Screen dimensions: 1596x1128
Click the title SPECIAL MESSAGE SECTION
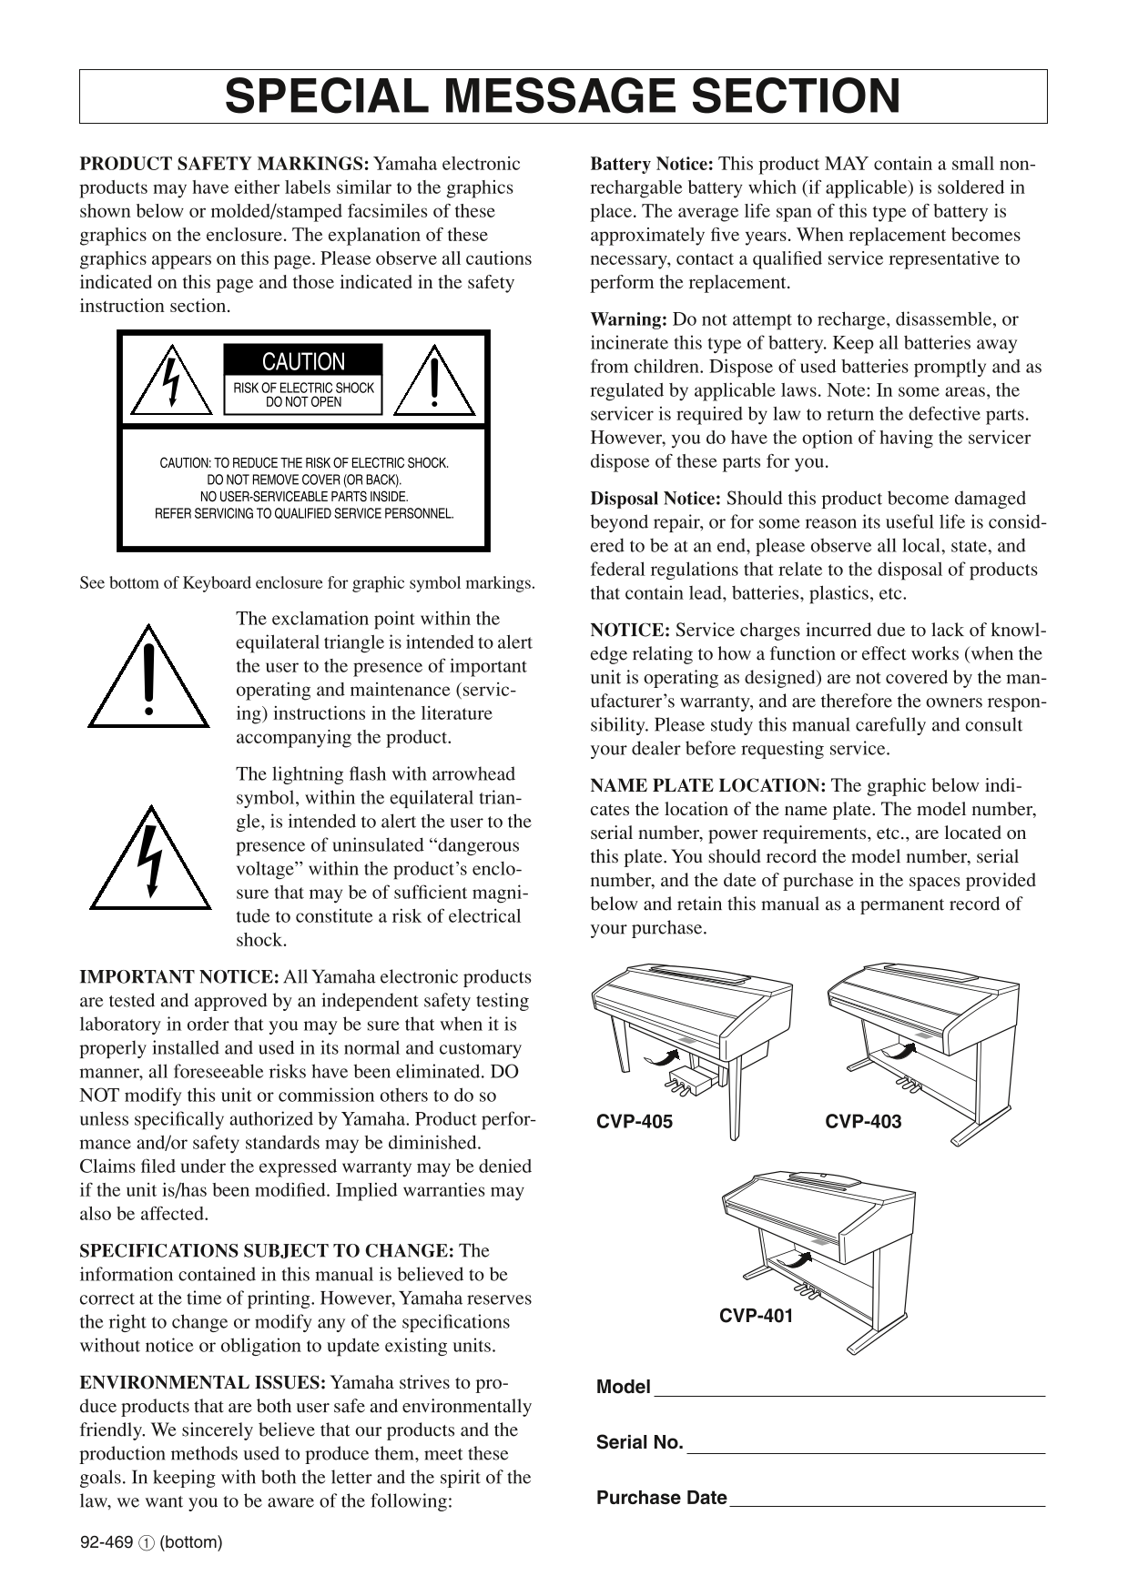(x=563, y=96)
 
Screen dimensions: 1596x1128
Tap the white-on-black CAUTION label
(x=303, y=361)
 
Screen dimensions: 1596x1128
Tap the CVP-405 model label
(x=635, y=1122)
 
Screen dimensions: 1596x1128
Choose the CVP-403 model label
(x=863, y=1122)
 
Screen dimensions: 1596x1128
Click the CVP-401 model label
(x=756, y=1316)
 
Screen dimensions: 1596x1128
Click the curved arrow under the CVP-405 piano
(x=661, y=1056)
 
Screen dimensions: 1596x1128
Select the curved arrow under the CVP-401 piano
(x=795, y=1260)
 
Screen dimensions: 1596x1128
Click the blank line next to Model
(x=849, y=1393)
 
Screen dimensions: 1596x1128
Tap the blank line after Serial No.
(x=865, y=1450)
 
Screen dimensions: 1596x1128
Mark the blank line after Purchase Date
(x=888, y=1505)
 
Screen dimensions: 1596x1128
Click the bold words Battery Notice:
(x=652, y=165)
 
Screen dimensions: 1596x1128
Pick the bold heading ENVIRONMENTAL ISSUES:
(x=202, y=1383)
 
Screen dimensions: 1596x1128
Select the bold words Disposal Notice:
(x=655, y=499)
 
